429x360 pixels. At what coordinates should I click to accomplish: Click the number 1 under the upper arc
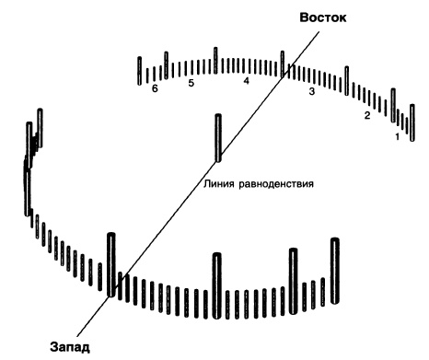(x=398, y=136)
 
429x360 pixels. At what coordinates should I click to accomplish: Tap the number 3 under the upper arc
(x=312, y=92)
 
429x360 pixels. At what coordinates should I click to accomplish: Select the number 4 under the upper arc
(x=246, y=82)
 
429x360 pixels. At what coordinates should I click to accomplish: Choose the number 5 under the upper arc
(x=191, y=83)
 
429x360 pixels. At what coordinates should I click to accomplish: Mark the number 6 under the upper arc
(x=155, y=89)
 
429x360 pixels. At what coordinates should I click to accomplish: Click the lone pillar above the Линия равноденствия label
(x=218, y=138)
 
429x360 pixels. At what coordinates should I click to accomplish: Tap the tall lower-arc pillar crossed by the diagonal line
(x=111, y=265)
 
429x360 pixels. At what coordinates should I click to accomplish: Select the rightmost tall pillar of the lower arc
(x=335, y=268)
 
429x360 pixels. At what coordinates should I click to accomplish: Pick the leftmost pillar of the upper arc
(x=140, y=70)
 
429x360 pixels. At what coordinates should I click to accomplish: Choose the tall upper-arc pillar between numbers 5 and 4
(x=215, y=61)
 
